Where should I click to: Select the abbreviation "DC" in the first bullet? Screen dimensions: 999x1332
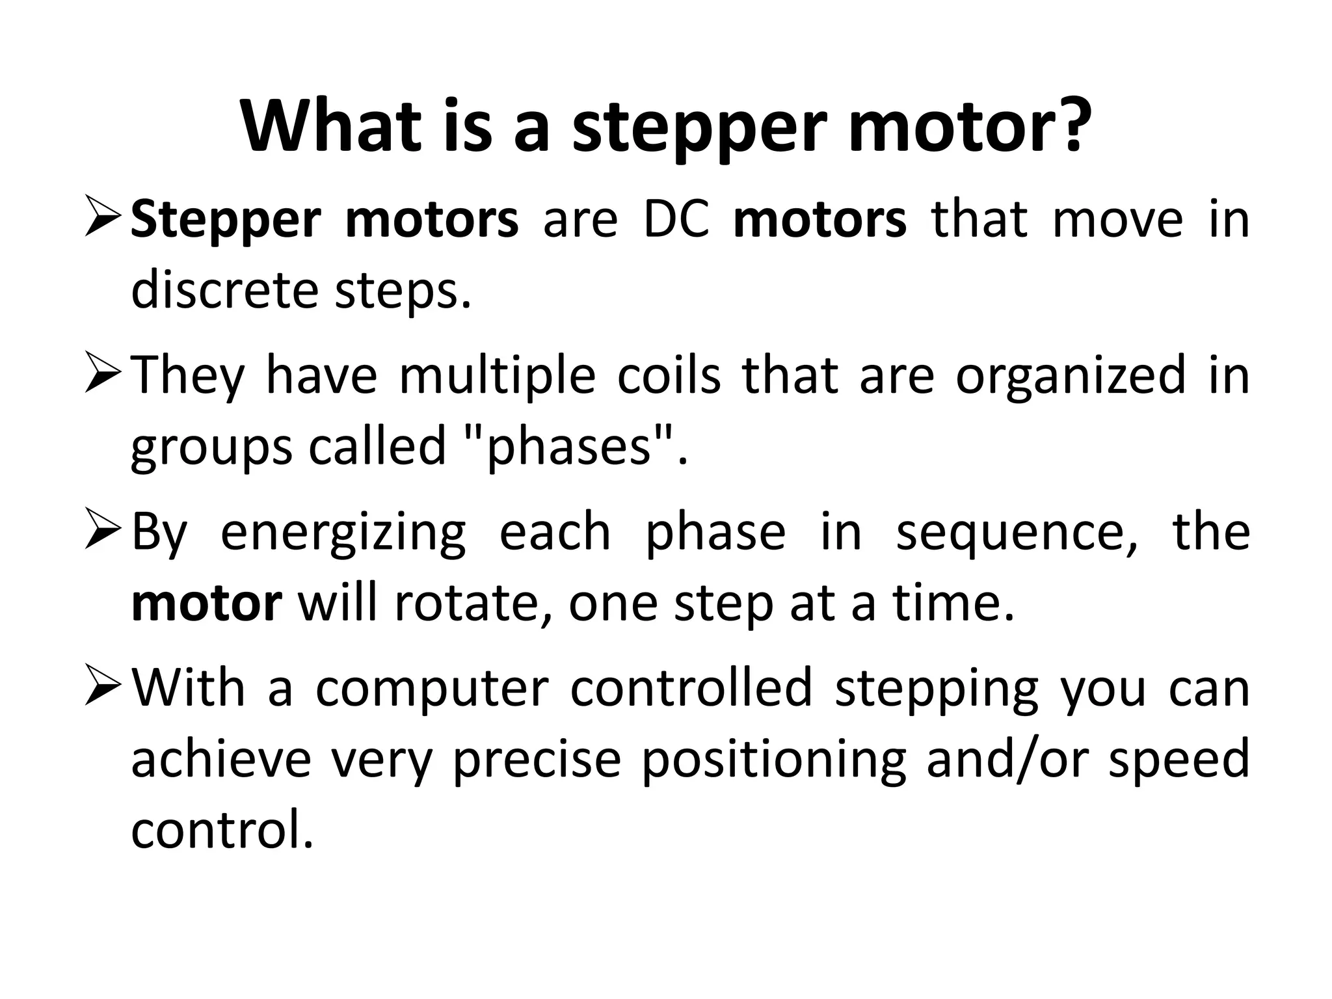[676, 220]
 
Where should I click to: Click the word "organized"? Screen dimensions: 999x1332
[1071, 377]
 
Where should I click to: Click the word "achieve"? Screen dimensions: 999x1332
[221, 760]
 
